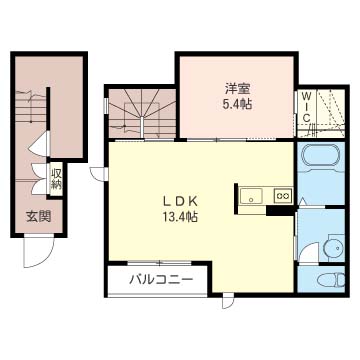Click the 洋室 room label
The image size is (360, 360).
pos(237,86)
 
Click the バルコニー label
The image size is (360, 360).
pos(160,279)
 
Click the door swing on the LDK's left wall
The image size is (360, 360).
pos(99,172)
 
